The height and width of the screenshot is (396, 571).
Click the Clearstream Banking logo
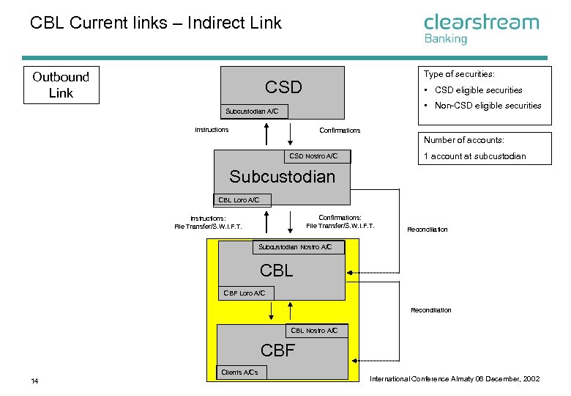click(482, 29)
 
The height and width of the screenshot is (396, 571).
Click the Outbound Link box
click(61, 85)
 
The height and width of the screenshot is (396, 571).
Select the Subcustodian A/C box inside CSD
click(254, 111)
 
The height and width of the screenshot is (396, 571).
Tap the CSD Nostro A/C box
click(317, 156)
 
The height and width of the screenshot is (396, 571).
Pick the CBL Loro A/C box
click(242, 199)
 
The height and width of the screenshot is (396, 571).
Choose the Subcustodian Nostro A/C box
click(299, 247)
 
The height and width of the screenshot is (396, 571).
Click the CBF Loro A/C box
click(246, 293)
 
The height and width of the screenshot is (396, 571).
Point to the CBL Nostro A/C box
click(317, 331)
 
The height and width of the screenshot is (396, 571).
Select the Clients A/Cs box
click(242, 373)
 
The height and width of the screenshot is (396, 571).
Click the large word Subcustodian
click(283, 177)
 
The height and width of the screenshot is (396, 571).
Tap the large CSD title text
click(283, 87)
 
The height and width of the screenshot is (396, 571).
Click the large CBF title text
click(277, 351)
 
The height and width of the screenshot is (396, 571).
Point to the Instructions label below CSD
click(212, 130)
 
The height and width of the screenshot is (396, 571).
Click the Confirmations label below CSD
click(340, 131)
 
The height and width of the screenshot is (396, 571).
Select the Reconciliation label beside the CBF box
click(431, 310)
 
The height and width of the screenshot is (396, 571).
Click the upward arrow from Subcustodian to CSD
click(266, 133)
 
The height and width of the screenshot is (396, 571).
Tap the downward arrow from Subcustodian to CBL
click(290, 222)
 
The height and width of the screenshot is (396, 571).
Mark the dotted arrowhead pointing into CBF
click(354, 361)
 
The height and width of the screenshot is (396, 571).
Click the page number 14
click(34, 381)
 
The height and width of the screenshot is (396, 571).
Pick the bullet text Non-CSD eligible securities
click(488, 106)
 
